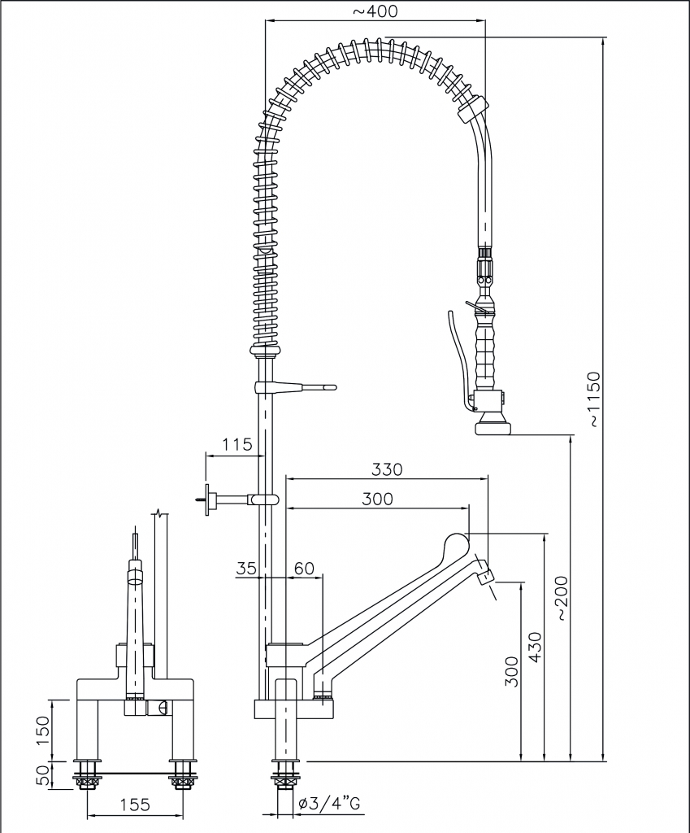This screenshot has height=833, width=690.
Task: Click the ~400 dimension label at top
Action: [x=375, y=11]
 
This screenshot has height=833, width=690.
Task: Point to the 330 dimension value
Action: [x=387, y=469]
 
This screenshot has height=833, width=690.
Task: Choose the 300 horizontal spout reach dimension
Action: [x=376, y=499]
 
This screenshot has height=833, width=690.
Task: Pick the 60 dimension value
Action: [x=304, y=569]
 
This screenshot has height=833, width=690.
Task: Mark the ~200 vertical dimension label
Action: [x=564, y=600]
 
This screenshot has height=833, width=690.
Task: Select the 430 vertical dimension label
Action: [x=534, y=647]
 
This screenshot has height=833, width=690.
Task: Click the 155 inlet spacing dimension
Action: [x=135, y=805]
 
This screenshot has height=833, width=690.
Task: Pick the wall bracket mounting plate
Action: [x=209, y=498]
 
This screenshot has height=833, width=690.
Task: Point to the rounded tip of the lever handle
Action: [x=455, y=542]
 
